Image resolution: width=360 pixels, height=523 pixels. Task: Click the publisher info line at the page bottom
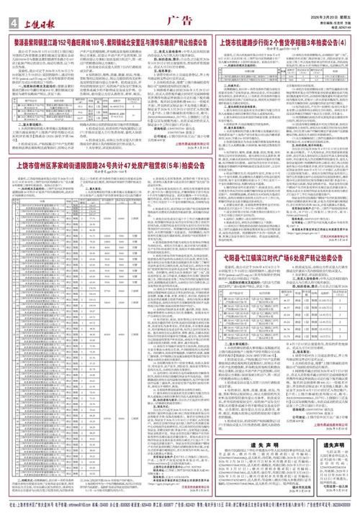(180, 517)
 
